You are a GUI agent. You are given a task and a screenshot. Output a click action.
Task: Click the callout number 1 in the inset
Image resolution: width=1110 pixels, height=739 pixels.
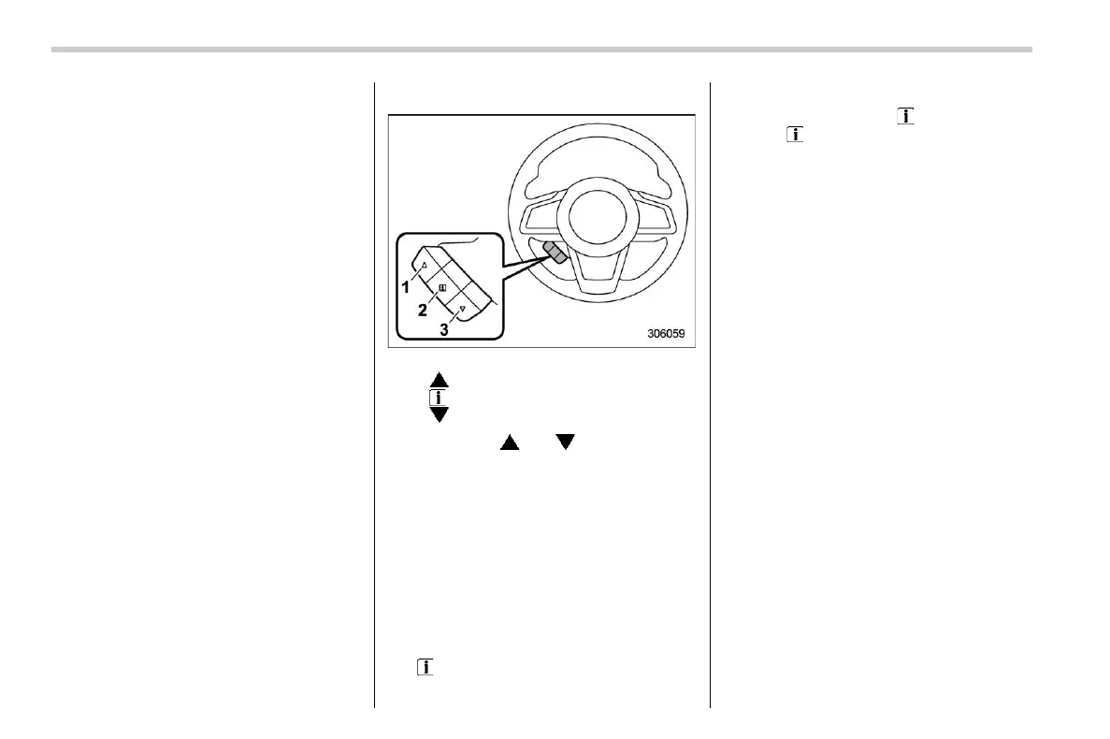tap(406, 287)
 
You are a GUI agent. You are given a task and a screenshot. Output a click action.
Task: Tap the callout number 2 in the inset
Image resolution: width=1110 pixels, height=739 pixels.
tap(424, 309)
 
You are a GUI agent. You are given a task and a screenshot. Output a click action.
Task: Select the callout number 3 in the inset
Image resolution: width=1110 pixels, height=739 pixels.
tap(444, 329)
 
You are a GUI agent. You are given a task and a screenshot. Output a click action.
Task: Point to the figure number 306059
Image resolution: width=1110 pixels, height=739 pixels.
tap(671, 331)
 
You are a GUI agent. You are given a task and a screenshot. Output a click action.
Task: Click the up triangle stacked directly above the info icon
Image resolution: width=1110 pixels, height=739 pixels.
tap(439, 381)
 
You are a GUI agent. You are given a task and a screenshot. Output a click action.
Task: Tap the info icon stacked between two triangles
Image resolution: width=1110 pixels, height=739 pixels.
tap(439, 397)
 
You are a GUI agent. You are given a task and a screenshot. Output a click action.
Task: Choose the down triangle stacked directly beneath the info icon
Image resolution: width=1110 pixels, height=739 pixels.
tap(439, 413)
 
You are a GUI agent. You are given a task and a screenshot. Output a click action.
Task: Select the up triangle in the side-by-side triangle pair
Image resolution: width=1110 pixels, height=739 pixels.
tap(509, 442)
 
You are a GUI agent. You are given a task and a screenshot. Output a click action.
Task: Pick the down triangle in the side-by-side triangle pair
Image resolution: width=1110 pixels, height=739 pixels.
tap(564, 442)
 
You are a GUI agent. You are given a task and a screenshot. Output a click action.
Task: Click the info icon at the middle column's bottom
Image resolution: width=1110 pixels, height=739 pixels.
tap(425, 667)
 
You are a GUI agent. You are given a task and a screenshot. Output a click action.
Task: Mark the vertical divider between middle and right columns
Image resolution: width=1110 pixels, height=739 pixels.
tap(710, 393)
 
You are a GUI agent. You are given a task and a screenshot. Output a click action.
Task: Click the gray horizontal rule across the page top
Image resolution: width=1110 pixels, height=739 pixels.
tap(542, 50)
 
